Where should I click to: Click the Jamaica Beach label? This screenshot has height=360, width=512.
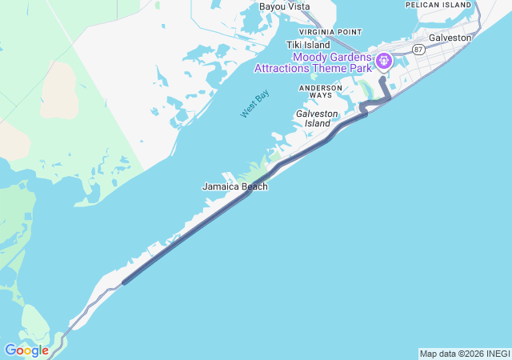coord(234,186)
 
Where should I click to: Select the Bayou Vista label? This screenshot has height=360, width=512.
coord(284,6)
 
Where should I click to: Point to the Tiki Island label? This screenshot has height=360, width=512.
coord(308,45)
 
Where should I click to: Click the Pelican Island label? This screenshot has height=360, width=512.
coord(438,5)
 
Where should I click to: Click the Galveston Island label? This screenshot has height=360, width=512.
coord(313,118)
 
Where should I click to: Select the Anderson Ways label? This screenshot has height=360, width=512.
coord(315,91)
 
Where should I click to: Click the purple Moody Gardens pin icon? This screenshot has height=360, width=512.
coord(384,60)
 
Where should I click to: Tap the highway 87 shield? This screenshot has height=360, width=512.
coord(418,50)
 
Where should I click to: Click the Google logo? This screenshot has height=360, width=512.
coord(26,350)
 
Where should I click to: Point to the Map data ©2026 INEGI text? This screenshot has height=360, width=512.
coord(463,354)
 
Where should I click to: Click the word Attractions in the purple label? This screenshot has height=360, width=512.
coord(286,68)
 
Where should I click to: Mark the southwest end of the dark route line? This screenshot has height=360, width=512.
coord(124,282)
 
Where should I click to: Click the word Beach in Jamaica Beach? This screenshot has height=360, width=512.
coord(253,186)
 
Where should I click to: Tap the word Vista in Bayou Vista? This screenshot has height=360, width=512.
coord(297,6)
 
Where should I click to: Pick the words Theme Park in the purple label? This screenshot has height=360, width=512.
coord(349,68)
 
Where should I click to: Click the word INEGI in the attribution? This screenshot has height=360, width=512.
coord(496,354)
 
